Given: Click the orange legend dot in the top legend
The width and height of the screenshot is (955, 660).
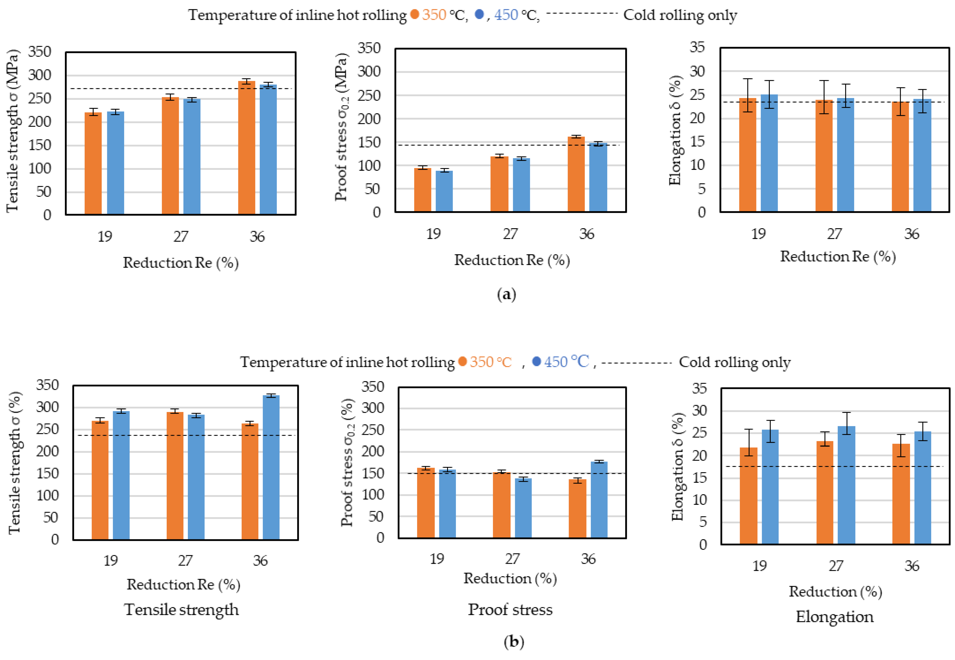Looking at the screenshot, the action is pos(415,14).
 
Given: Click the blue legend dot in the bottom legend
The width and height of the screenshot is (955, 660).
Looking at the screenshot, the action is pos(536,362).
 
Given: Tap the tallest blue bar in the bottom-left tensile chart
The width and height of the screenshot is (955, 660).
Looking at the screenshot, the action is pos(271,468).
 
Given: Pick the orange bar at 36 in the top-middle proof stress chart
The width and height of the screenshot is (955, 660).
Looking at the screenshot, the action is pos(576,174).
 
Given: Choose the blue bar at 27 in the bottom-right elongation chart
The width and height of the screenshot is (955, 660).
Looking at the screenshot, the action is pos(846,485).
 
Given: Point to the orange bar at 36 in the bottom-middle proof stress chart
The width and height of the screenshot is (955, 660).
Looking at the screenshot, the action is pos(578,509).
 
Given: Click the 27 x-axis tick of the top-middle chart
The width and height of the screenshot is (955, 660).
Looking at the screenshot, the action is pos(510,234).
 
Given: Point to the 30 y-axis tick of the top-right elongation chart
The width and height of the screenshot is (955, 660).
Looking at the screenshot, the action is pos(697,71).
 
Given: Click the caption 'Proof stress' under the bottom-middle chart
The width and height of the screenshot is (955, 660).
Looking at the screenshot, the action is pos(510,610).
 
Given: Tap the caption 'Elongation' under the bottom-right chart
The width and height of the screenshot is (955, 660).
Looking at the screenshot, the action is pos(835,617).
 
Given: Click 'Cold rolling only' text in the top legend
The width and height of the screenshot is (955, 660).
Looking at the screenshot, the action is pos(680,15).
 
